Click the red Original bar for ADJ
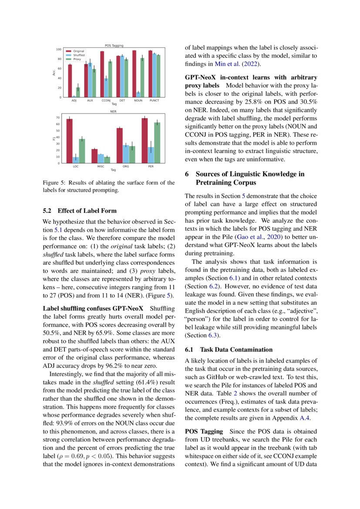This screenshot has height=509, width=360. click(70, 81)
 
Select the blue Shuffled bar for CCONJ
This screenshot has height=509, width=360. click(106, 88)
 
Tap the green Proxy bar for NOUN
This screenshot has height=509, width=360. click(142, 78)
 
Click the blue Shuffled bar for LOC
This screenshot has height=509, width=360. click(76, 160)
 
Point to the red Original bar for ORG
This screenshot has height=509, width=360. click(120, 145)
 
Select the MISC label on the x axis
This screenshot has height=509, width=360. click(101, 167)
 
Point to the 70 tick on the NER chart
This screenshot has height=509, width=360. click(58, 118)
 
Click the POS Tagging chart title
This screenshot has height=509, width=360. click(114, 45)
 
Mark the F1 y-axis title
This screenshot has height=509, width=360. click(54, 138)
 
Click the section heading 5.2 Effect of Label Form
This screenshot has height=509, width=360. click(80, 211)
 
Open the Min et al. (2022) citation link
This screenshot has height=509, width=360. click(237, 64)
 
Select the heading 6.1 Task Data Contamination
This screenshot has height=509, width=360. click(229, 349)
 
